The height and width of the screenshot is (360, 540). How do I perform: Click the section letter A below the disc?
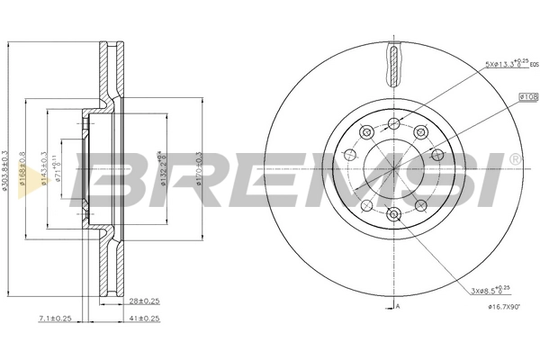[398, 307]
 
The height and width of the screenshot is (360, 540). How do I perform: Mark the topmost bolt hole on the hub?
[393, 123]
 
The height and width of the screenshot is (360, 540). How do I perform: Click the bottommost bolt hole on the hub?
[393, 213]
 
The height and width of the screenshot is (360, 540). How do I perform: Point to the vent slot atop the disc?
[393, 67]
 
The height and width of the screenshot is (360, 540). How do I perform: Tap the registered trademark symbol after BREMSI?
[514, 159]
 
